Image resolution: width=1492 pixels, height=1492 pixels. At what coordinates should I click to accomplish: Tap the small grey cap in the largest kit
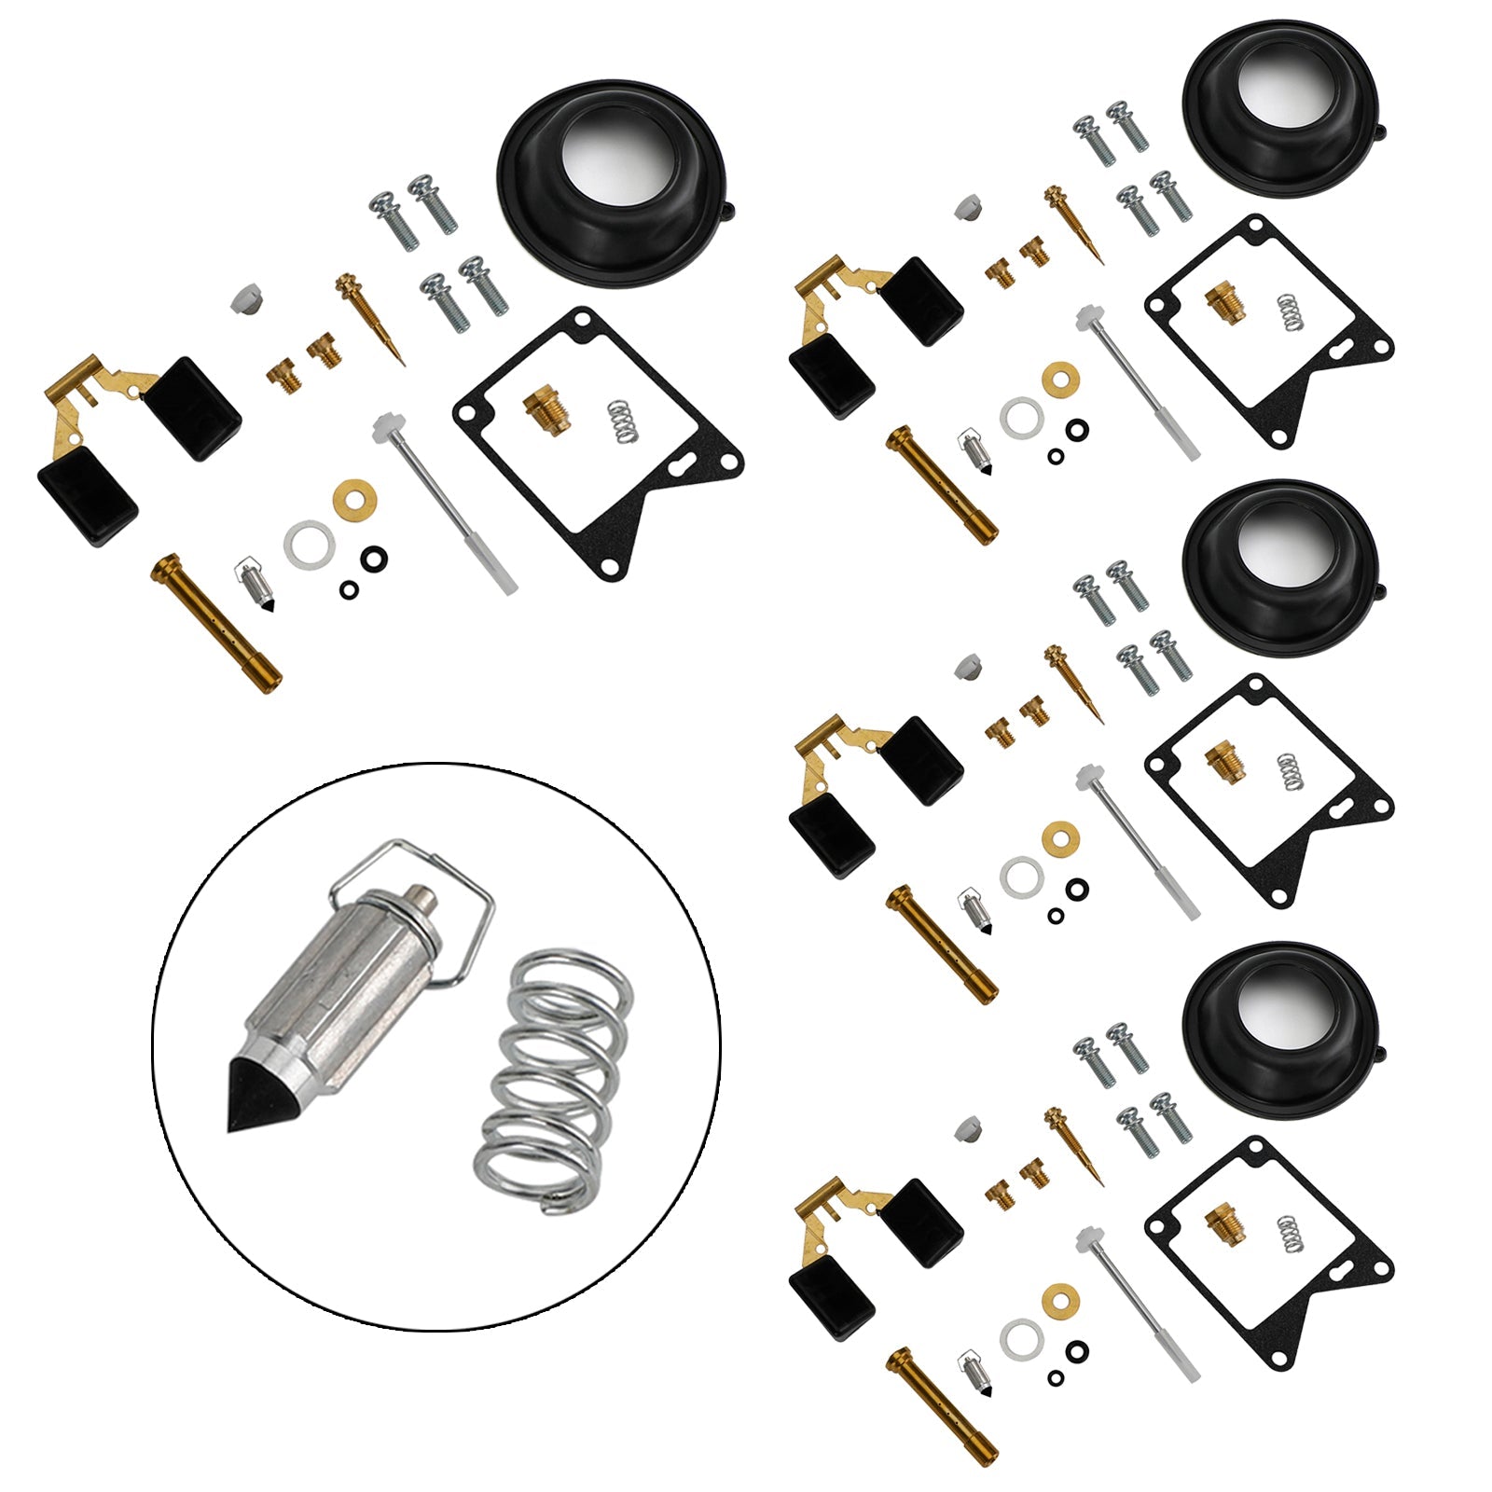244,299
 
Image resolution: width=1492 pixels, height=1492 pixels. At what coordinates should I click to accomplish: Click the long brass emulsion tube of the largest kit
215,616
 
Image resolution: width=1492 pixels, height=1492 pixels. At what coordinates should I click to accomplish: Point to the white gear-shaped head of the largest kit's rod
383,430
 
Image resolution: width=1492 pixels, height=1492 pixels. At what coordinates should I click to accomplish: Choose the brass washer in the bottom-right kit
1059,1296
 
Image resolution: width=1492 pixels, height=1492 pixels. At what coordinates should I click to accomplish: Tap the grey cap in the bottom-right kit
969,1130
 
